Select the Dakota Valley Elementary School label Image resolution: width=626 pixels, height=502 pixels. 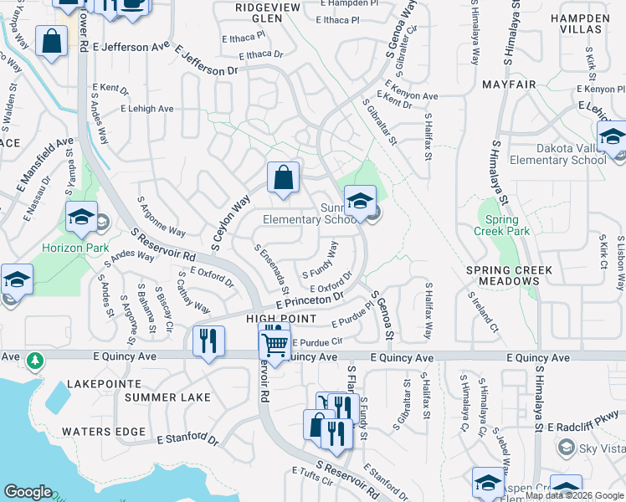(557, 154)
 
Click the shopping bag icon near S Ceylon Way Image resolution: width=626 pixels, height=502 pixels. (284, 177)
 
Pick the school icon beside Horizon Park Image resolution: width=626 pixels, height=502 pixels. (82, 218)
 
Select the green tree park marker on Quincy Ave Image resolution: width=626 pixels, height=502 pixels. (34, 361)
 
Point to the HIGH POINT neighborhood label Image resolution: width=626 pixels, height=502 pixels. (280, 319)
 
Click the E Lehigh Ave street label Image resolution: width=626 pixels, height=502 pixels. (147, 109)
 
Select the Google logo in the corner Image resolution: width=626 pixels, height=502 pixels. (28, 491)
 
